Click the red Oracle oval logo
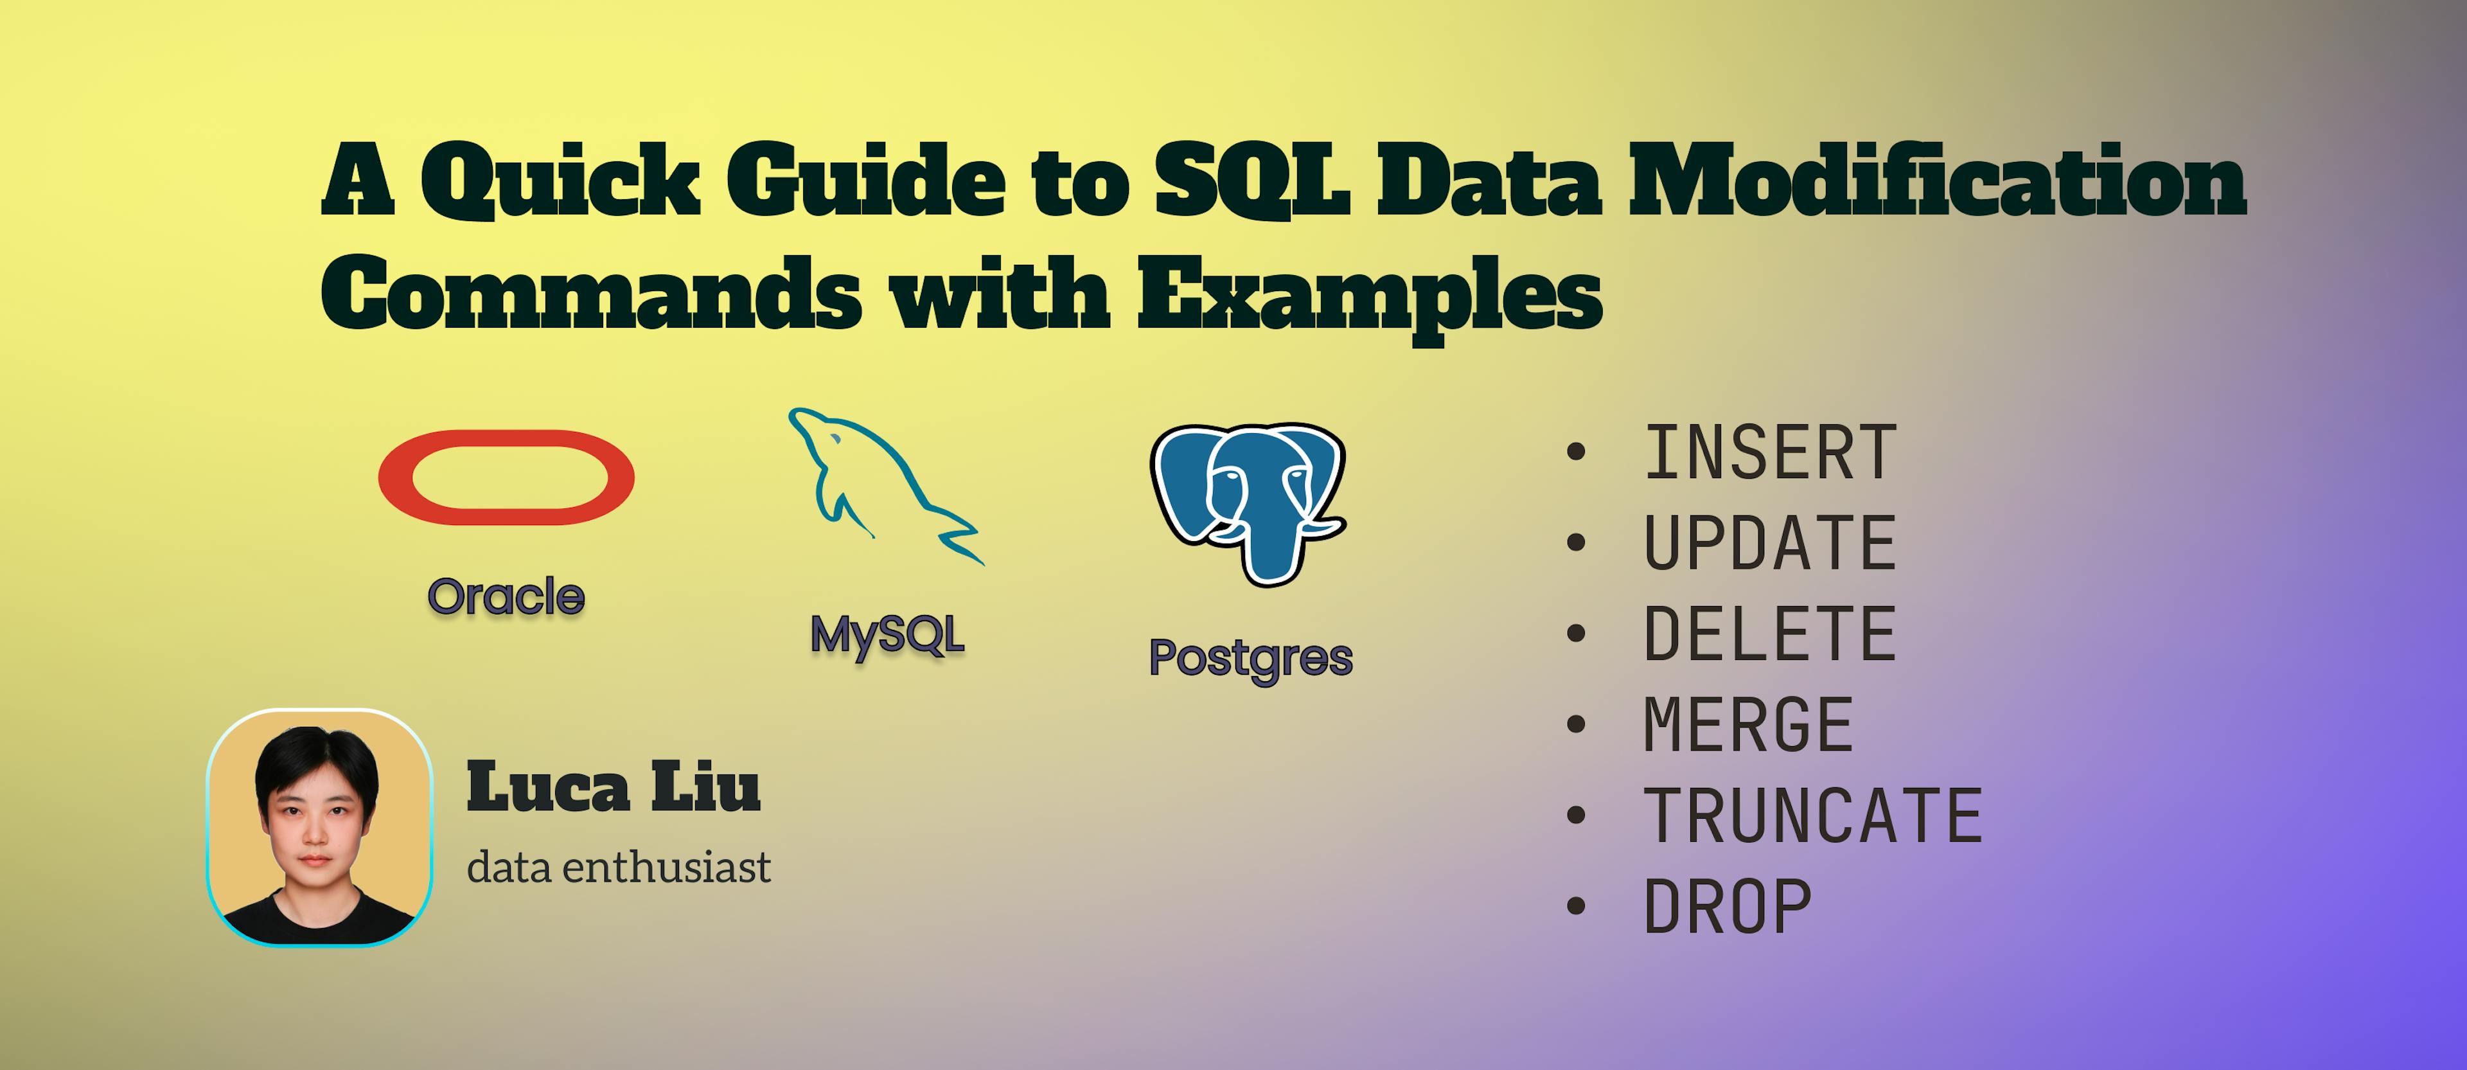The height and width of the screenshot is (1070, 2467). click(506, 477)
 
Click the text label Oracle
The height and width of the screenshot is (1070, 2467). click(506, 597)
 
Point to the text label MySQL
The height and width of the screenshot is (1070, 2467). click(887, 635)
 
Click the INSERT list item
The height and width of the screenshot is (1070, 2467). click(1770, 453)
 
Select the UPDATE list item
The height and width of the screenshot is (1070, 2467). click(1770, 543)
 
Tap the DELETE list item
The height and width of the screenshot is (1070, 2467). click(1770, 634)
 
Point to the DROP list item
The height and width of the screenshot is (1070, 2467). click(1728, 907)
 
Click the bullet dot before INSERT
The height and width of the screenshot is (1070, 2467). click(1575, 452)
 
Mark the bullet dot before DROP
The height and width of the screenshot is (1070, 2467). click(1575, 906)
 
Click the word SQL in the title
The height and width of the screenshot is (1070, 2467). click(1251, 180)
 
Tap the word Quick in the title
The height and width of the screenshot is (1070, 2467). click(560, 180)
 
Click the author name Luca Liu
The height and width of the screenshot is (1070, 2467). click(613, 787)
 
